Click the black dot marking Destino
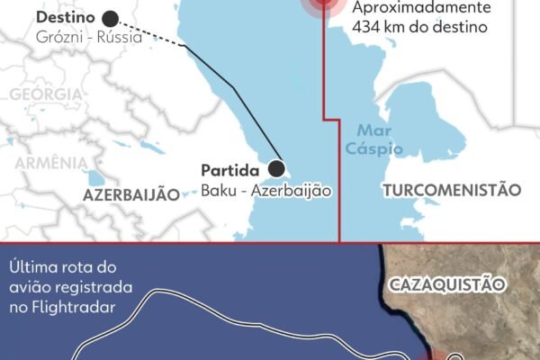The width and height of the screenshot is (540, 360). pyautogui.click(x=111, y=18)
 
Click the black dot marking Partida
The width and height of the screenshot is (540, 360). pyautogui.click(x=278, y=168)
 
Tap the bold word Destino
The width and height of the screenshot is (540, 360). pyautogui.click(x=67, y=18)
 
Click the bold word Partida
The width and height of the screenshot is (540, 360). pyautogui.click(x=230, y=170)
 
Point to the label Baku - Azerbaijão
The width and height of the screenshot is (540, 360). pyautogui.click(x=254, y=191)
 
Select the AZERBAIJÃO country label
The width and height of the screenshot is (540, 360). pyautogui.click(x=131, y=195)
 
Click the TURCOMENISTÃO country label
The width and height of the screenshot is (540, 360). pyautogui.click(x=452, y=190)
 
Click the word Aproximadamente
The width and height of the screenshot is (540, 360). pyautogui.click(x=422, y=8)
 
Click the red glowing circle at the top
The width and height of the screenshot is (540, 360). pyautogui.click(x=324, y=4)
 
